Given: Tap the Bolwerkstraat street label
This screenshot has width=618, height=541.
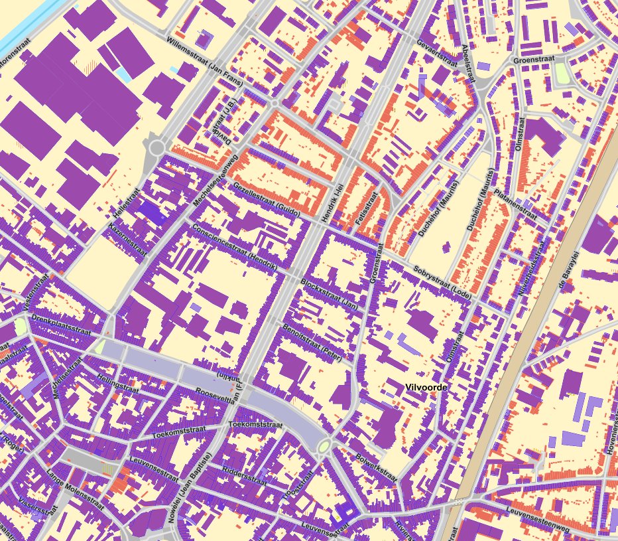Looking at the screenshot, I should [x=375, y=467].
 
